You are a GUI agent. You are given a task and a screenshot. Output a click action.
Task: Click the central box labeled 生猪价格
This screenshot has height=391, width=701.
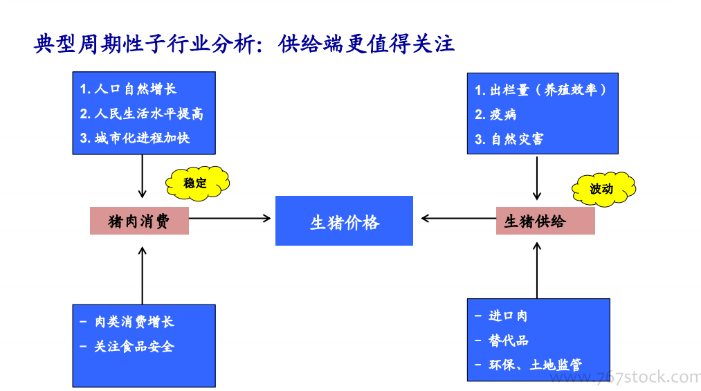click(x=344, y=221)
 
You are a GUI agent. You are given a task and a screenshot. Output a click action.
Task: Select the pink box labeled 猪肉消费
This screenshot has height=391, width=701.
click(x=140, y=221)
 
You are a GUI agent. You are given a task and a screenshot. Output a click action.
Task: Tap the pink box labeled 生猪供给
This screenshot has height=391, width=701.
click(x=545, y=221)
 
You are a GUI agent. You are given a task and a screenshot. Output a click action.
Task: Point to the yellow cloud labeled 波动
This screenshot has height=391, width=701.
click(x=603, y=189)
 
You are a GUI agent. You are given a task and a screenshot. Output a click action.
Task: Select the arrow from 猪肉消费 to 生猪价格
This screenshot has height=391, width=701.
click(x=230, y=219)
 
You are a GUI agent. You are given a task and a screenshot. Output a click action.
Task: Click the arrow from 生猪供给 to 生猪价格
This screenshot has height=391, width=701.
click(x=459, y=219)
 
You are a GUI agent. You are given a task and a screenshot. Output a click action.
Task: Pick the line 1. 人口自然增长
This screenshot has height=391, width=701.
click(x=128, y=89)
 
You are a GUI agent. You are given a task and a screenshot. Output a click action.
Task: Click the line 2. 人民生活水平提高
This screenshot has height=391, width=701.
click(x=142, y=113)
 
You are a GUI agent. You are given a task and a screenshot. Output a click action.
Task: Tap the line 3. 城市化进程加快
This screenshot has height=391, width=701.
click(x=135, y=138)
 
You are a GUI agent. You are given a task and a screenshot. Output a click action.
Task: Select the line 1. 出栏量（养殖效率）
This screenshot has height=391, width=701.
click(x=540, y=90)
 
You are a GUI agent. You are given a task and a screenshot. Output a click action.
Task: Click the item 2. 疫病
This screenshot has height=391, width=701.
click(x=495, y=114)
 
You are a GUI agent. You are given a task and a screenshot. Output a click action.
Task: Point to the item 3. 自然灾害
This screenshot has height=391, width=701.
click(x=509, y=139)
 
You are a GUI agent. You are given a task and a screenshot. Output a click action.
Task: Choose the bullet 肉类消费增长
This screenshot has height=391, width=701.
click(x=127, y=322)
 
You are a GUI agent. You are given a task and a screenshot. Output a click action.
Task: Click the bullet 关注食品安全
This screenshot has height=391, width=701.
click(x=127, y=346)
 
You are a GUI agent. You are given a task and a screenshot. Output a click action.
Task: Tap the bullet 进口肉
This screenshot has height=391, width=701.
click(x=501, y=316)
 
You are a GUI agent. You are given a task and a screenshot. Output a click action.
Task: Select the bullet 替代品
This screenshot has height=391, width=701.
click(x=502, y=340)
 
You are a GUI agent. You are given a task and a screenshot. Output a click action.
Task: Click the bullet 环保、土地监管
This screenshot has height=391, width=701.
click(x=529, y=365)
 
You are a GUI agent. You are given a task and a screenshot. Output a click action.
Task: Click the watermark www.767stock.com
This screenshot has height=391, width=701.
click(x=625, y=378)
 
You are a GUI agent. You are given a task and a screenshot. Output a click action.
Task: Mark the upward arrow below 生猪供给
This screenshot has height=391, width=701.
click(x=537, y=271)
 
